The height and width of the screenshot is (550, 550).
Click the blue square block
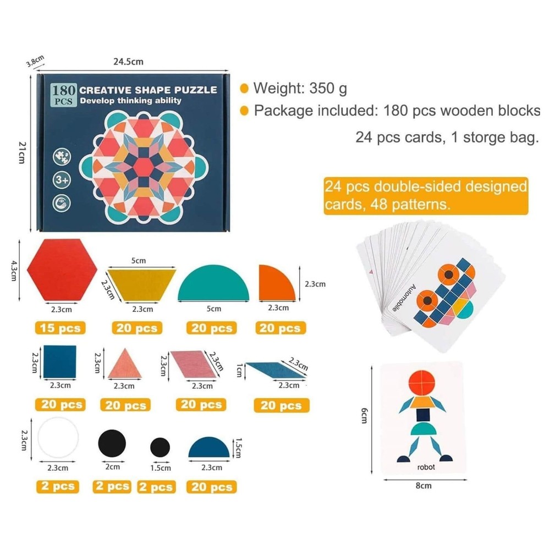tap(59, 361)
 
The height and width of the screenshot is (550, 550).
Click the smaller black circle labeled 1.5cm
tap(159, 447)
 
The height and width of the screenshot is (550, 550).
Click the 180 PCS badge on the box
tap(62, 94)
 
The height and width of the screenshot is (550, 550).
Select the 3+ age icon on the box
tap(61, 180)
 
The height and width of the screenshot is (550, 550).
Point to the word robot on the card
tap(426, 467)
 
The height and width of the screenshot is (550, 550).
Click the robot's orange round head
tap(423, 383)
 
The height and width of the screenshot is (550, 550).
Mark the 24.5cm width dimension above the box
tap(128, 62)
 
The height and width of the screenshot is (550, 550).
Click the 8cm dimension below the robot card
tap(424, 486)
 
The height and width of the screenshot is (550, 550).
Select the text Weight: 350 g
tap(300, 88)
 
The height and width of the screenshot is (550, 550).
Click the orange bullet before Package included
tap(244, 111)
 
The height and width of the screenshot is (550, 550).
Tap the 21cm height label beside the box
tap(21, 152)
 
